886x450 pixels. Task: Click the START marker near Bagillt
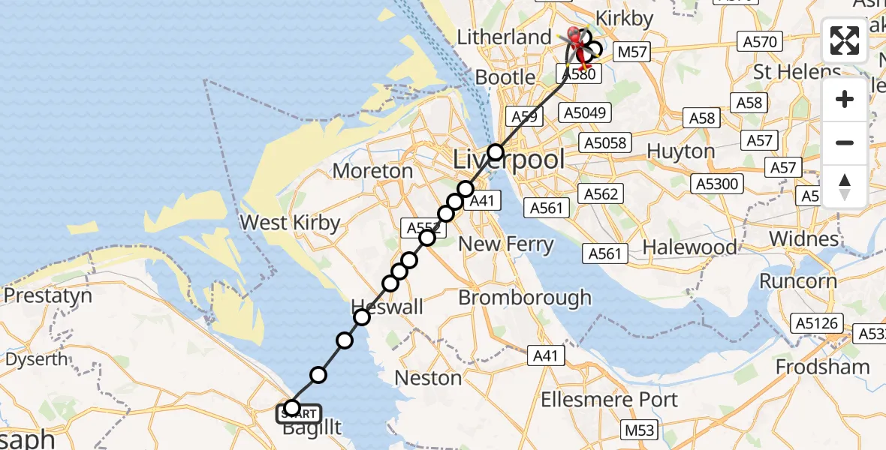[300, 413]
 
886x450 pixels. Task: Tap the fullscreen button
[845, 40]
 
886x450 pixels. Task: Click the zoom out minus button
[845, 142]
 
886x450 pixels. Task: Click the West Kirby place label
[289, 223]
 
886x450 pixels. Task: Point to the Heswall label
[387, 307]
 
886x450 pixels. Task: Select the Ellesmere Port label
[610, 399]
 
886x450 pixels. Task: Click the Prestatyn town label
[48, 295]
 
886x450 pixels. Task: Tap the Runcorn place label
[797, 281]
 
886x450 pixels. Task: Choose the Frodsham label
[822, 367]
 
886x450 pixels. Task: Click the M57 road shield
[631, 52]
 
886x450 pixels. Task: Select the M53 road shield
[640, 430]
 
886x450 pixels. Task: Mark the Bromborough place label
[525, 298]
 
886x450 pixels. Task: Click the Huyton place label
[680, 151]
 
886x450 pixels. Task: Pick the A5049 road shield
[586, 112]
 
